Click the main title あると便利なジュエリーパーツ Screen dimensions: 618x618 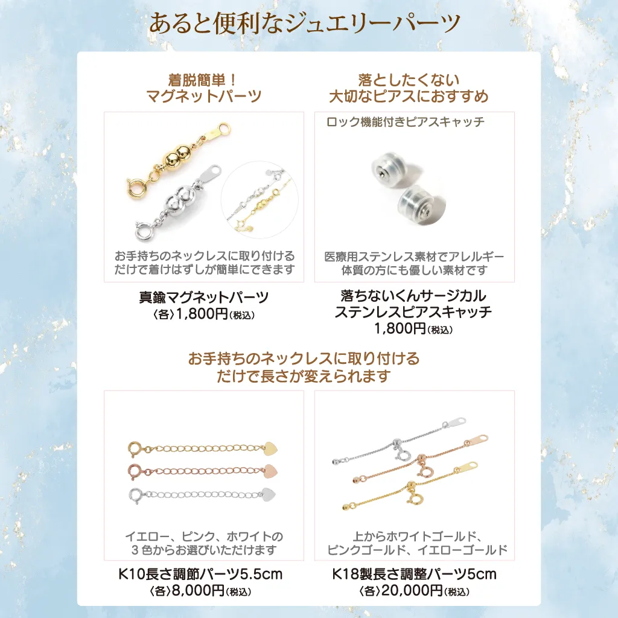[305, 23]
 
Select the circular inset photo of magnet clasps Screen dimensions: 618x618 [260, 200]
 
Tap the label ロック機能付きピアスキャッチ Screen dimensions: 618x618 [405, 122]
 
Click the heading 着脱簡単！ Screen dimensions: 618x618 [203, 80]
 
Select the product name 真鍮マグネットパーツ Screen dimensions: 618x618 [204, 297]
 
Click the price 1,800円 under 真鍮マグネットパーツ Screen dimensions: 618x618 [202, 314]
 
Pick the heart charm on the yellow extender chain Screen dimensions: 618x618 [270, 448]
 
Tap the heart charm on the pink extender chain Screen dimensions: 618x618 [270, 471]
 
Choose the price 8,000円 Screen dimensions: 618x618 [199, 591]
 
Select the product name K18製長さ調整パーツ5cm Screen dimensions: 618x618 [414, 574]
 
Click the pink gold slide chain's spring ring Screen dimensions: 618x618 [425, 472]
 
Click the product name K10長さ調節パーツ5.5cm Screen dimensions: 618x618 [200, 575]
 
